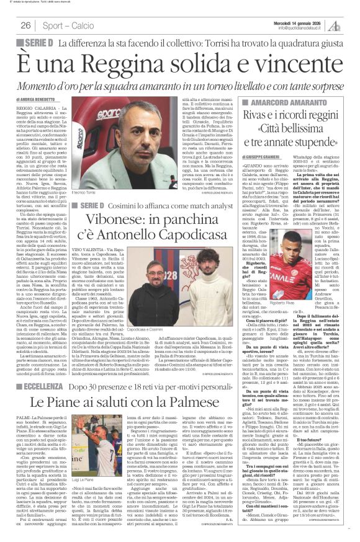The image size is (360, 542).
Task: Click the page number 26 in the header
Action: [26, 25]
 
